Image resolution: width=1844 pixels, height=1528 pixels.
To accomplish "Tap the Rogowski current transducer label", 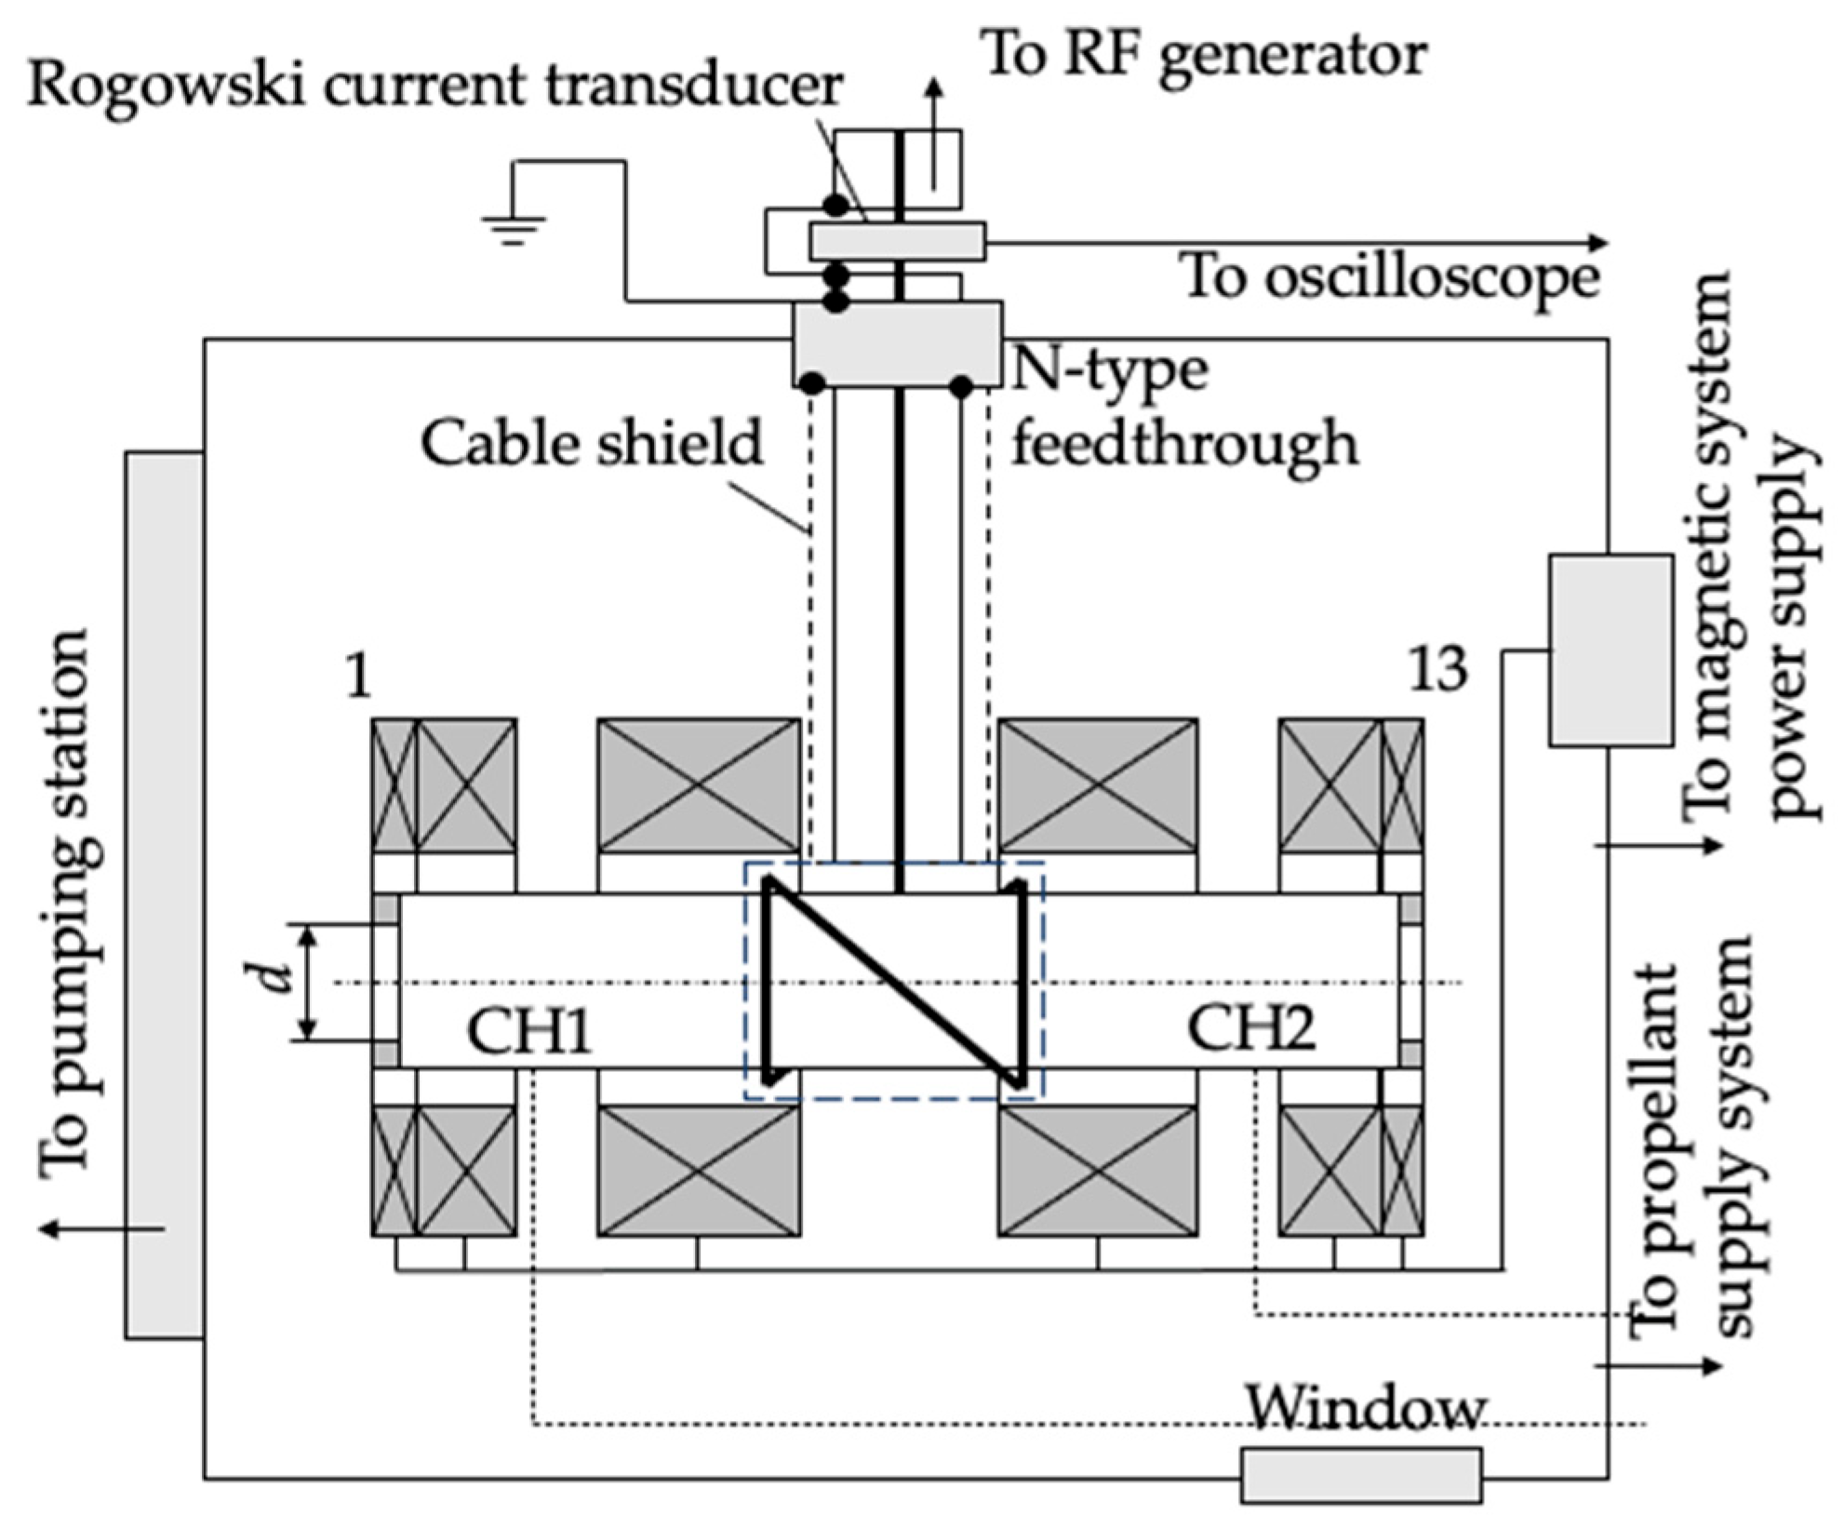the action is [434, 87].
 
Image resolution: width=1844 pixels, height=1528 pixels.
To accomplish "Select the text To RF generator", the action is [1204, 55].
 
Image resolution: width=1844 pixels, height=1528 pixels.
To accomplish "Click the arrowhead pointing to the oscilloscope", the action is [1597, 243].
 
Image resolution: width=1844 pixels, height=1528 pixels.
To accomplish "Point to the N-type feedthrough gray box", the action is [897, 343].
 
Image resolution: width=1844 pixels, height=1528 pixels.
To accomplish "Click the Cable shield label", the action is [592, 443].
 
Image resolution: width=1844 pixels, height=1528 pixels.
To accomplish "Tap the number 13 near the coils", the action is [1438, 669].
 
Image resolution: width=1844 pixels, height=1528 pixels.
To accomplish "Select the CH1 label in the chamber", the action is [529, 1031].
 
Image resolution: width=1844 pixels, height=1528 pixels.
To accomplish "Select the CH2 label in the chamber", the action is [1251, 1029].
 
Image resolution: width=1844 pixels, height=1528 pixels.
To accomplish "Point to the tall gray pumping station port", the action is [165, 895].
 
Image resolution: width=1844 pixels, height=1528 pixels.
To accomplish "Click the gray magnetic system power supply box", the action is [1610, 650].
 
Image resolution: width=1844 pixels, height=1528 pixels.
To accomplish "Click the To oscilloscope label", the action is [1391, 276].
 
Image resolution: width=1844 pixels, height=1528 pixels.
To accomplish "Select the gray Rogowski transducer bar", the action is [897, 242].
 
